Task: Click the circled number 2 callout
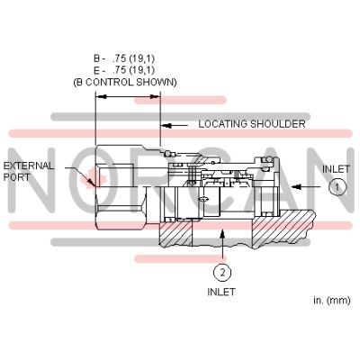(x=221, y=270)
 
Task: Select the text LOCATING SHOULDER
(x=251, y=124)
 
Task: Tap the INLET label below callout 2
(x=221, y=292)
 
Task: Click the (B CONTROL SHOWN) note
(x=125, y=82)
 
